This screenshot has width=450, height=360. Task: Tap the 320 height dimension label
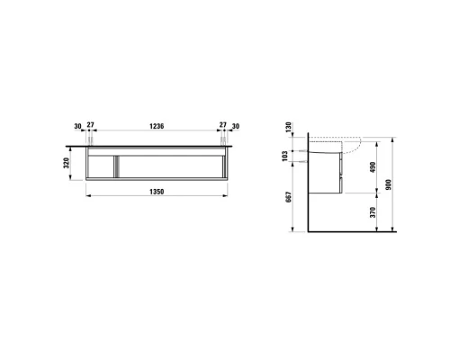pos(69,165)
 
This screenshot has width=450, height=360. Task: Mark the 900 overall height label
pos(396,185)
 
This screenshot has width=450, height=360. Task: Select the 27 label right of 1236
pos(221,127)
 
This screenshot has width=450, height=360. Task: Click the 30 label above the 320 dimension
pos(78,127)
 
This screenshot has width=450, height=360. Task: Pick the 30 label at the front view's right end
pos(237,127)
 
